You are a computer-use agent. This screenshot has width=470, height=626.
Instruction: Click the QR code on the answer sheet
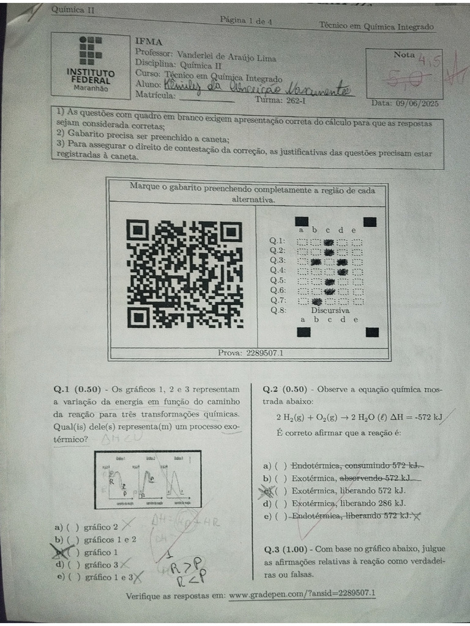[x=185, y=273]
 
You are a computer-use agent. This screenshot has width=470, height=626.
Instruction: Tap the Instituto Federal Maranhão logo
[x=91, y=64]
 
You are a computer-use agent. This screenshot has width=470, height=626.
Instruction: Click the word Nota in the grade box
[x=404, y=54]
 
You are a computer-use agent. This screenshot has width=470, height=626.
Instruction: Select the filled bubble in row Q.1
[x=329, y=241]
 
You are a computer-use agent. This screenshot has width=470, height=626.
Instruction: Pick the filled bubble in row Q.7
[x=316, y=301]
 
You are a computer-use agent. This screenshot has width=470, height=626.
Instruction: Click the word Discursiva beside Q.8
[x=330, y=311]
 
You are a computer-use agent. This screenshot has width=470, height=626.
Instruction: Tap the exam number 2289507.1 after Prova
[x=264, y=353]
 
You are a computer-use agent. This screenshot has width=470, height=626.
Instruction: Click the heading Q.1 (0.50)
[x=77, y=389]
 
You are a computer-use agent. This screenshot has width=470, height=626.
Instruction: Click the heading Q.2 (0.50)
[x=286, y=389]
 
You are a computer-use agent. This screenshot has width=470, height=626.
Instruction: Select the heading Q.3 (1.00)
[x=286, y=548]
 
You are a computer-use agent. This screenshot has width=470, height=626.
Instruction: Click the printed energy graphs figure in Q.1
[x=147, y=481]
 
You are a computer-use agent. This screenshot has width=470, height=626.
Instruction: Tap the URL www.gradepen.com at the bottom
[x=302, y=594]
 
